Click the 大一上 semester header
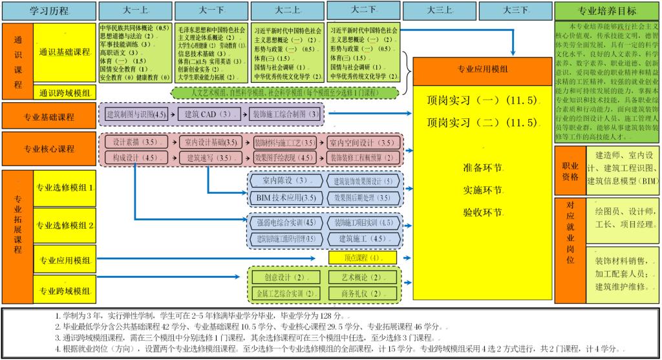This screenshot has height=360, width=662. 134,10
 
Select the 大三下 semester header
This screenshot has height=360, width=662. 515,10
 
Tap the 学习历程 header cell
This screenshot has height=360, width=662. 49,11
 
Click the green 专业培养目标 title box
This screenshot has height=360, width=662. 607,11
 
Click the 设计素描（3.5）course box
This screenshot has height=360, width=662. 136,142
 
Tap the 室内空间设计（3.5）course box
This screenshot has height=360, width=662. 362,142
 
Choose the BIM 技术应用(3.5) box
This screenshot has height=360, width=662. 283,198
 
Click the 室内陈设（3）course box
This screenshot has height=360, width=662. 283,180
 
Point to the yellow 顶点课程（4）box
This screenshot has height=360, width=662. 361,258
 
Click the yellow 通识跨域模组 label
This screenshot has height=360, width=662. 65,93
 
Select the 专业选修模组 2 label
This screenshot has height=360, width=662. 65,226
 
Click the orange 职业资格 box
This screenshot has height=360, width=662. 570,171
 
